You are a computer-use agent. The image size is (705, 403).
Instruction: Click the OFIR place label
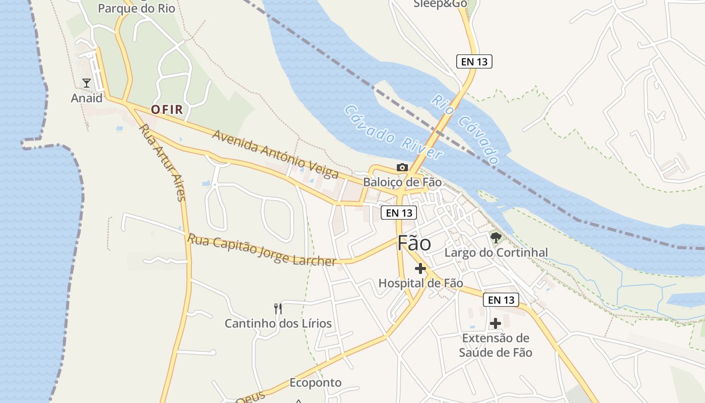pos(167,109)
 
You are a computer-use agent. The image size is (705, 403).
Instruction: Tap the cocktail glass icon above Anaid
pos(87,83)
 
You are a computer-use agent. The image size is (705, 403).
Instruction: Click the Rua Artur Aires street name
pos(163,162)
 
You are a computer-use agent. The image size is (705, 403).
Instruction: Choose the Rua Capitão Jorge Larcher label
pos(261,250)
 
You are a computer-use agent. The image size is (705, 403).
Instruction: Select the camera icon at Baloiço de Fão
pos(402,167)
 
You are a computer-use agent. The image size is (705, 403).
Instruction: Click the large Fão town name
pos(414,243)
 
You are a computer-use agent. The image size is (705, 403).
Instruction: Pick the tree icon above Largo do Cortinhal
pos(496,237)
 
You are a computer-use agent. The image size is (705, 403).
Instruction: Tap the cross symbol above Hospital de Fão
pos(420,268)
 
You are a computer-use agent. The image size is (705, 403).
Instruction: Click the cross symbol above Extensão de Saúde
pos(496,323)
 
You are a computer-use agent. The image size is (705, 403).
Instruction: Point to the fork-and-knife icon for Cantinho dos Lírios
pos(277,308)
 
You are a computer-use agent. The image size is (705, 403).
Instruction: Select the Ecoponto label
pos(315,383)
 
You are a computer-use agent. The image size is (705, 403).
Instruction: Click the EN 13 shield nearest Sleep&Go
pos(474,61)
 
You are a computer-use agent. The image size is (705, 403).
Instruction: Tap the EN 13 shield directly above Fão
pos(399,213)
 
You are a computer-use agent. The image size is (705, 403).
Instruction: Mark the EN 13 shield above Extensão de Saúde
pos(501,300)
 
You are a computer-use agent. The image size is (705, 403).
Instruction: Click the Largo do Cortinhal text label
pos(496,252)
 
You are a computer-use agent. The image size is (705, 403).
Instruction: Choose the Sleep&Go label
pos(440,4)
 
